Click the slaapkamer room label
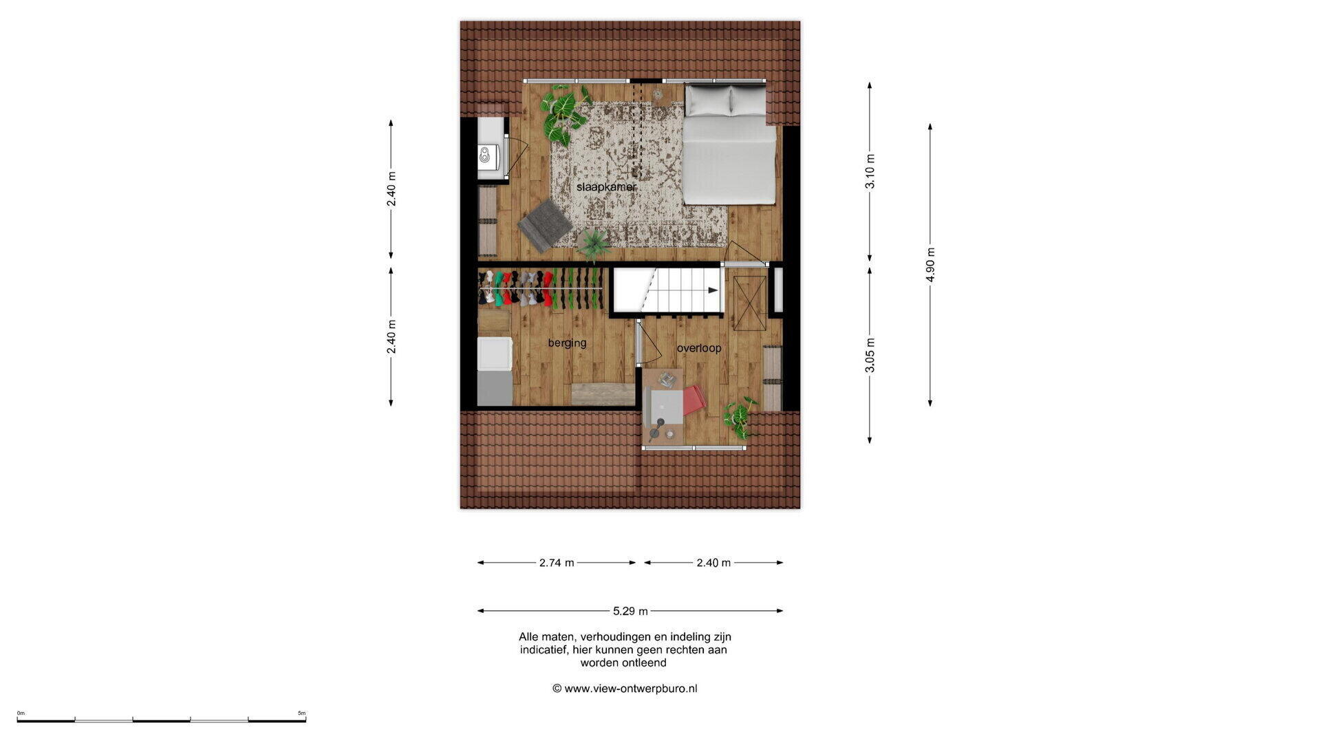tap(606, 187)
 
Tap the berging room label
tap(567, 343)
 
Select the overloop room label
tap(699, 348)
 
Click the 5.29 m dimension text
tap(630, 611)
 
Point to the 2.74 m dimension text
tap(557, 563)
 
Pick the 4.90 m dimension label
tap(930, 265)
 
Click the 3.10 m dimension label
tap(870, 171)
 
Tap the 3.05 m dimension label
tap(870, 355)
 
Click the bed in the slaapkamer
tap(729, 144)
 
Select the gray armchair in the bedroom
tap(545, 225)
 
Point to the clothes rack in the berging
tap(540, 288)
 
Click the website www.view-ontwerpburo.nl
tap(630, 689)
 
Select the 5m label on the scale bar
tap(301, 713)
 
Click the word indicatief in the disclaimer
tap(544, 650)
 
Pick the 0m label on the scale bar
tap(21, 713)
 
